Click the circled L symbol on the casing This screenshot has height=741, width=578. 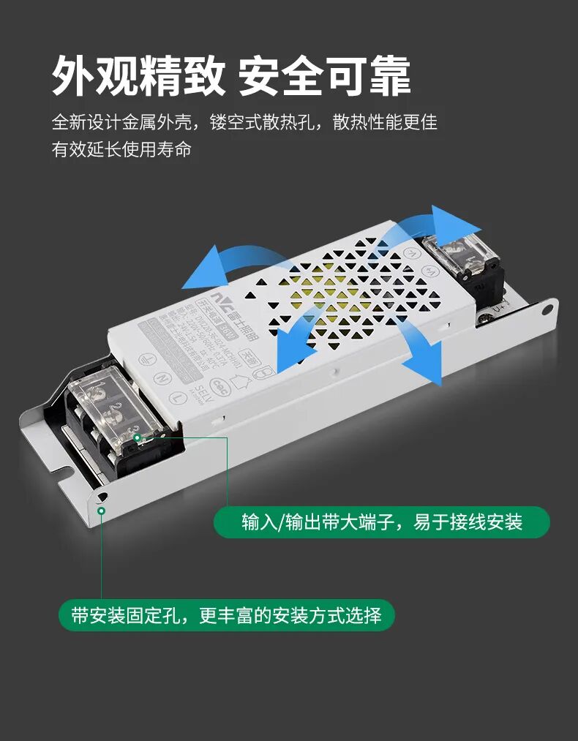pyautogui.click(x=178, y=396)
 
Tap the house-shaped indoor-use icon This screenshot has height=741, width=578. pyautogui.click(x=239, y=379)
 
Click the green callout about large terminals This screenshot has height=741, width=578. pyautogui.click(x=381, y=522)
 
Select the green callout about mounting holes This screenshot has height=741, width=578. pyautogui.click(x=226, y=615)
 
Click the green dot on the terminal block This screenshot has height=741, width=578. pyautogui.click(x=137, y=438)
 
